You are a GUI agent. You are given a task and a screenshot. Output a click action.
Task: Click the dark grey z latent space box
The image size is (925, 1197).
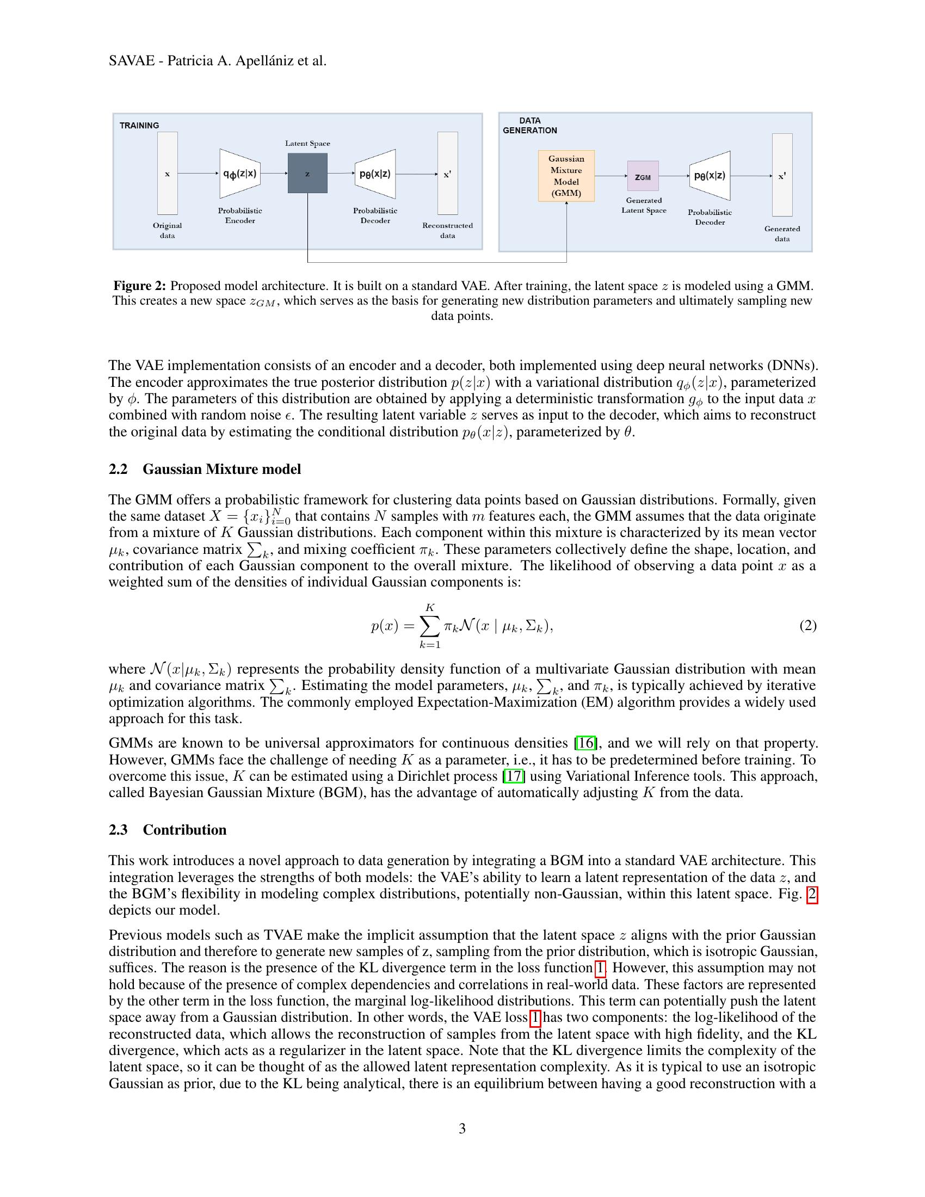(307, 173)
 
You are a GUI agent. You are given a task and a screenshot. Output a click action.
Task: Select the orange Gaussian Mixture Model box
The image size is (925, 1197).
(566, 176)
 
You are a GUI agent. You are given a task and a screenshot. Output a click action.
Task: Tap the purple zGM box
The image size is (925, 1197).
(643, 176)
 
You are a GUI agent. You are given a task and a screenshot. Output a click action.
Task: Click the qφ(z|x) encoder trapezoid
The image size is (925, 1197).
(240, 174)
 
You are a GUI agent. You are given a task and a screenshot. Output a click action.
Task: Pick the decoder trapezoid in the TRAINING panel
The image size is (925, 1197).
(375, 174)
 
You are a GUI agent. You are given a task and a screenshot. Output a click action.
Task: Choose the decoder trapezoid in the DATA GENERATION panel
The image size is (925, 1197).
(710, 176)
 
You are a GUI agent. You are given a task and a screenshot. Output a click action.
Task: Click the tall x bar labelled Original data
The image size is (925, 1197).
(167, 173)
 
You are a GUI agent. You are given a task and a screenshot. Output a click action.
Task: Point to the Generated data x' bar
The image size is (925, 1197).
(782, 175)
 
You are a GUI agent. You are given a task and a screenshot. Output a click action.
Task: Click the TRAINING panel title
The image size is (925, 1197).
(139, 126)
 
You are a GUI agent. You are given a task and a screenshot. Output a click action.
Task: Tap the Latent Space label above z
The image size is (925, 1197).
(307, 144)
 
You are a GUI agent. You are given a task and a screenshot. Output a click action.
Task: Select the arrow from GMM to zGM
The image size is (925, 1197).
(610, 176)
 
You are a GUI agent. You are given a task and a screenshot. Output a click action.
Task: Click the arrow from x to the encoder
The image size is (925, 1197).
(198, 174)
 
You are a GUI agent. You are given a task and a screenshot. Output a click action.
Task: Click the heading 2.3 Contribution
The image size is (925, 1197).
(167, 830)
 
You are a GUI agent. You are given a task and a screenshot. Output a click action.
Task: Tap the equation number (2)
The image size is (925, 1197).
(807, 625)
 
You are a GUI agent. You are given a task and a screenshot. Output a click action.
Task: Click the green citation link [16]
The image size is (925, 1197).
(585, 743)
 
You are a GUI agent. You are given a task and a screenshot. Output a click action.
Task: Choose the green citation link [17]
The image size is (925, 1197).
(514, 776)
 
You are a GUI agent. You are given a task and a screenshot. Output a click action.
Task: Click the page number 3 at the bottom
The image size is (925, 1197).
(462, 1128)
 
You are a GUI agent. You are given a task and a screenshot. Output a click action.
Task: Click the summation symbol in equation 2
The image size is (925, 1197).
(430, 625)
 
